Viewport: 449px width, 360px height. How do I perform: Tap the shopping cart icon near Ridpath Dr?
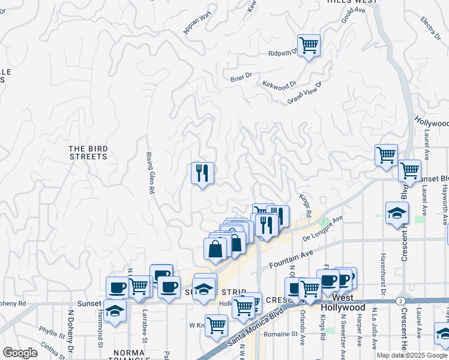309,45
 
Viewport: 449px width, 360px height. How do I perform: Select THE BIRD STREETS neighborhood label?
88,152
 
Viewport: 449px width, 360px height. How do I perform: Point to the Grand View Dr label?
304,92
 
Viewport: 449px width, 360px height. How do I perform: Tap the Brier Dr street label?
241,76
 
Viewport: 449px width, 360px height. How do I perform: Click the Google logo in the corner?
20,353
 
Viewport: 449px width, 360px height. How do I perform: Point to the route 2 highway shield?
400,300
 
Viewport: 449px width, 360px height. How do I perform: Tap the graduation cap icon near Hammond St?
114,310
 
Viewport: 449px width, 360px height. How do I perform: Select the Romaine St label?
282,334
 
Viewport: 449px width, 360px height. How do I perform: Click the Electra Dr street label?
431,26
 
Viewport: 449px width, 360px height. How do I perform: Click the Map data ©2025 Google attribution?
412,355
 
